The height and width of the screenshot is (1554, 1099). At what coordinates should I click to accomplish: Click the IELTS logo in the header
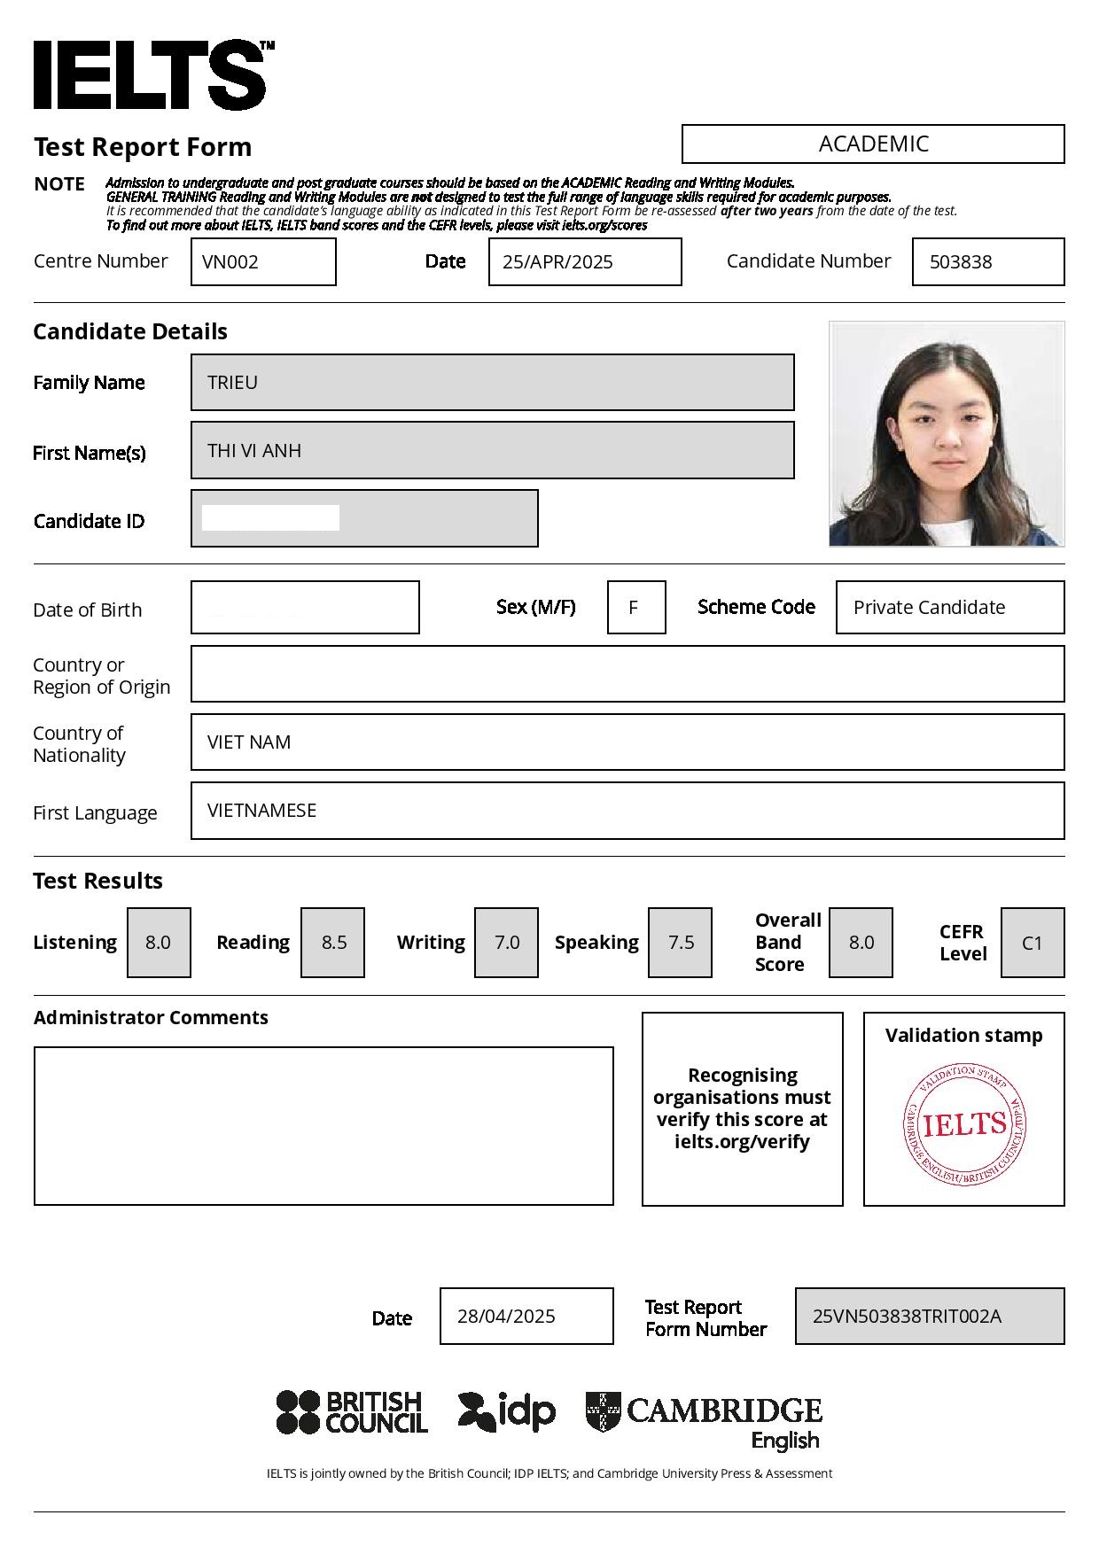coord(151,75)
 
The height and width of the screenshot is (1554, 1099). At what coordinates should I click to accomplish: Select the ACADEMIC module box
coord(873,144)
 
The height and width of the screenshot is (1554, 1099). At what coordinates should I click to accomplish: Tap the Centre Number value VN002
coord(230,262)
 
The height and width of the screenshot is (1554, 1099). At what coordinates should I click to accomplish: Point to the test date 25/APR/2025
coord(557,262)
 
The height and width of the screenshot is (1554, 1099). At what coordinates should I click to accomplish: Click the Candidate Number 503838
coord(961,262)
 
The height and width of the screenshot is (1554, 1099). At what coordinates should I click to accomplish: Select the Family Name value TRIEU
coord(233,383)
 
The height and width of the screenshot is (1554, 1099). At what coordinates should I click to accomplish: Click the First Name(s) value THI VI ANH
coord(254,451)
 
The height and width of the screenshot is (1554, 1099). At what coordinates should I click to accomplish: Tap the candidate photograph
coord(947,434)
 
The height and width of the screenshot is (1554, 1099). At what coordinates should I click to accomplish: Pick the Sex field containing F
coord(635,608)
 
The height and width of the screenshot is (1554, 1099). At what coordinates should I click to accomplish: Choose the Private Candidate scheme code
coord(929,608)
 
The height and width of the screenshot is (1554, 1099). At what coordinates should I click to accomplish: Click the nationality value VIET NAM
coord(249,742)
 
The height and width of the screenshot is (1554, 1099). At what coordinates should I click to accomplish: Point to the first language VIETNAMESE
coord(261,811)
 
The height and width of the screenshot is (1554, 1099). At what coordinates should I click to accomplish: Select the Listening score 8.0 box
coord(159,943)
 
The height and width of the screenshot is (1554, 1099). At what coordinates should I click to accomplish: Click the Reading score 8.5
coord(333,943)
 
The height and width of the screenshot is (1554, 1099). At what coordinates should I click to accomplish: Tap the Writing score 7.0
coord(506,943)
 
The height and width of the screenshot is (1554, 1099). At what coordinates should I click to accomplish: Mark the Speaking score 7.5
coord(681,943)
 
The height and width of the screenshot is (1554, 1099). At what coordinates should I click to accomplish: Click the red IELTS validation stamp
coord(964,1125)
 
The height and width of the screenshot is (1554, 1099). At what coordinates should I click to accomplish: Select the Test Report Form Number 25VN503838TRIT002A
coord(907,1317)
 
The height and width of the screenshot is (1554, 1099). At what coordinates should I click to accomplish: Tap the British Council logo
coord(352,1412)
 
